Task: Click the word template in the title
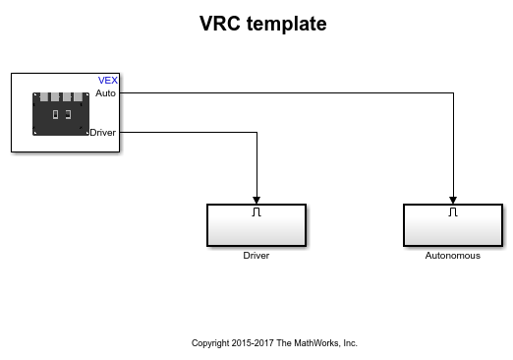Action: (x=287, y=24)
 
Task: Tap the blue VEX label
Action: (x=108, y=81)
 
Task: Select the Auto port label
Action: (x=105, y=93)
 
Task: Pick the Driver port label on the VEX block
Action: (x=102, y=133)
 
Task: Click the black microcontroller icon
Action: (x=61, y=114)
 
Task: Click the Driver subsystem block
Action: (x=256, y=225)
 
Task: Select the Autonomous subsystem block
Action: (x=453, y=225)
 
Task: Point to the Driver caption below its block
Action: (x=256, y=256)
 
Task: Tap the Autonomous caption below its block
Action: (x=453, y=256)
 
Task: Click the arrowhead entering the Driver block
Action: (x=256, y=200)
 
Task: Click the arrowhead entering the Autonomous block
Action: (x=453, y=200)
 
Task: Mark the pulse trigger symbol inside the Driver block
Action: (x=256, y=211)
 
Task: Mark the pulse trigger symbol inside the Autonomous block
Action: (x=453, y=211)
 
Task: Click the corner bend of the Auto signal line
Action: (x=453, y=93)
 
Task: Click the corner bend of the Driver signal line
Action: (x=256, y=133)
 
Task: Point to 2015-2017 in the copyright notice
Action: (x=253, y=343)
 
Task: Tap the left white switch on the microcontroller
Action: (x=55, y=114)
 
